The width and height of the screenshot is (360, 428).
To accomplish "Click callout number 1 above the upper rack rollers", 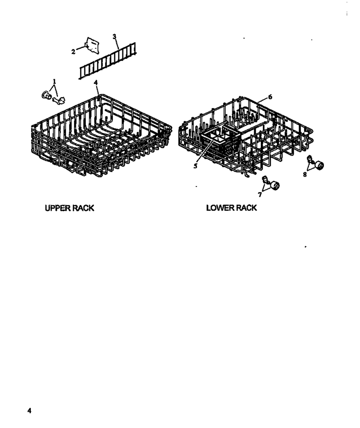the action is pyautogui.click(x=55, y=81).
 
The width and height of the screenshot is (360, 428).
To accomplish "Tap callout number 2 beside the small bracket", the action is pyautogui.click(x=73, y=52).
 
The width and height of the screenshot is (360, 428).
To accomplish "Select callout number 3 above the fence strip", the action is pyautogui.click(x=114, y=36).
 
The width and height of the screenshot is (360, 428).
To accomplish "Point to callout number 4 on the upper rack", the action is pyautogui.click(x=95, y=82).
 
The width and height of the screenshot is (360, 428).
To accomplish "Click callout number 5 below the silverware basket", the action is pyautogui.click(x=195, y=166).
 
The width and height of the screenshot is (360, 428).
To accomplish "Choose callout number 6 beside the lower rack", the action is pyautogui.click(x=270, y=97).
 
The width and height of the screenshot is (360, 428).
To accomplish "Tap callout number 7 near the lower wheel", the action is pyautogui.click(x=260, y=195).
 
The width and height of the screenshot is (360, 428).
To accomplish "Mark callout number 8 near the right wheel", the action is pyautogui.click(x=305, y=175).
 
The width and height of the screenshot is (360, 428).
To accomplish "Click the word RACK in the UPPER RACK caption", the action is pyautogui.click(x=83, y=208).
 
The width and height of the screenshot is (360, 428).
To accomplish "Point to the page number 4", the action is pyautogui.click(x=29, y=410).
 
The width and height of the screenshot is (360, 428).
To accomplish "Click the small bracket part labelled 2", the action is pyautogui.click(x=92, y=45).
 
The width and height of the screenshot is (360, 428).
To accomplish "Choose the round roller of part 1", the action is pyautogui.click(x=46, y=95).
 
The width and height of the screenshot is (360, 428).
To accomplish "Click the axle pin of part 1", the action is pyautogui.click(x=59, y=100).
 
